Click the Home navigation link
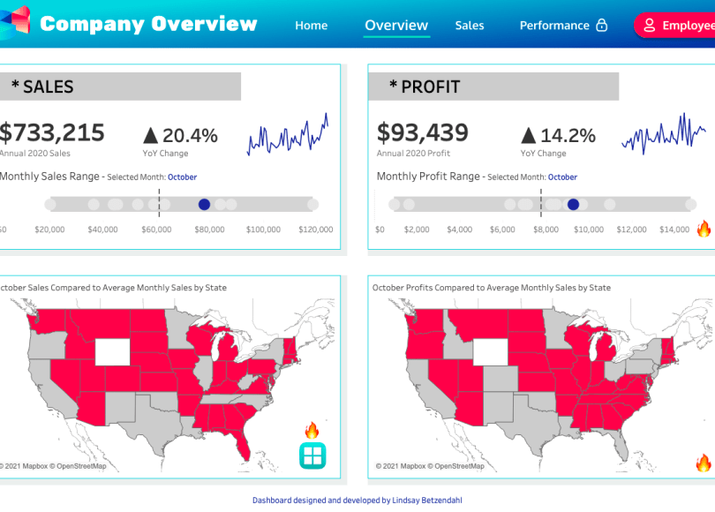pyautogui.click(x=311, y=26)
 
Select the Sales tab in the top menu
pyautogui.click(x=470, y=26)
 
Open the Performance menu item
pyautogui.click(x=553, y=26)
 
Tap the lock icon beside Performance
pyautogui.click(x=602, y=26)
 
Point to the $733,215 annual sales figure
pyautogui.click(x=52, y=133)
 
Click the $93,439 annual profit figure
pyautogui.click(x=423, y=133)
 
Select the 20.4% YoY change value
pyautogui.click(x=190, y=135)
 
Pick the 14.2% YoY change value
pyautogui.click(x=568, y=135)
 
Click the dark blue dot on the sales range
pyautogui.click(x=205, y=204)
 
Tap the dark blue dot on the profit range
pyautogui.click(x=573, y=204)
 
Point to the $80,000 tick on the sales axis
pyautogui.click(x=210, y=230)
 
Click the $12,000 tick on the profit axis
pyautogui.click(x=631, y=230)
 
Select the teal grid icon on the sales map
pyautogui.click(x=312, y=456)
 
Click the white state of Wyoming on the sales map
pyautogui.click(x=111, y=351)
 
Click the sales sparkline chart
pyautogui.click(x=288, y=135)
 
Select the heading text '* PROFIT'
pyautogui.click(x=425, y=87)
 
